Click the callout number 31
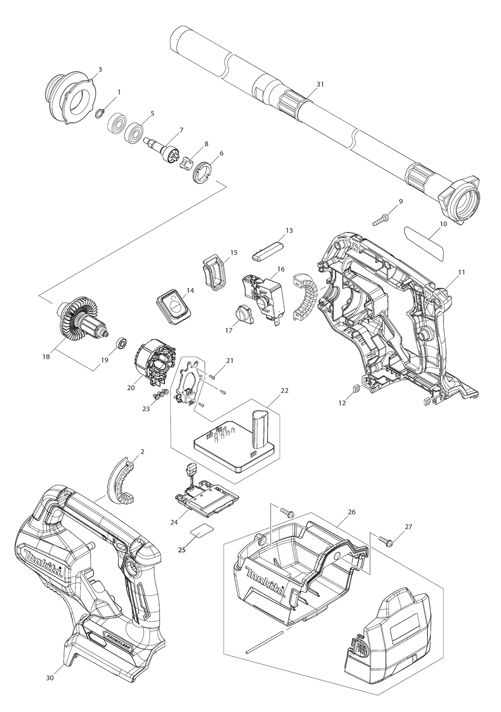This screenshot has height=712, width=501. tap(320, 84)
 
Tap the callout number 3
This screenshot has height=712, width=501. tap(100, 69)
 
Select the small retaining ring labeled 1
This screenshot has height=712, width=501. tap(100, 112)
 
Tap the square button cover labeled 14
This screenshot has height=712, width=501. tap(172, 305)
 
